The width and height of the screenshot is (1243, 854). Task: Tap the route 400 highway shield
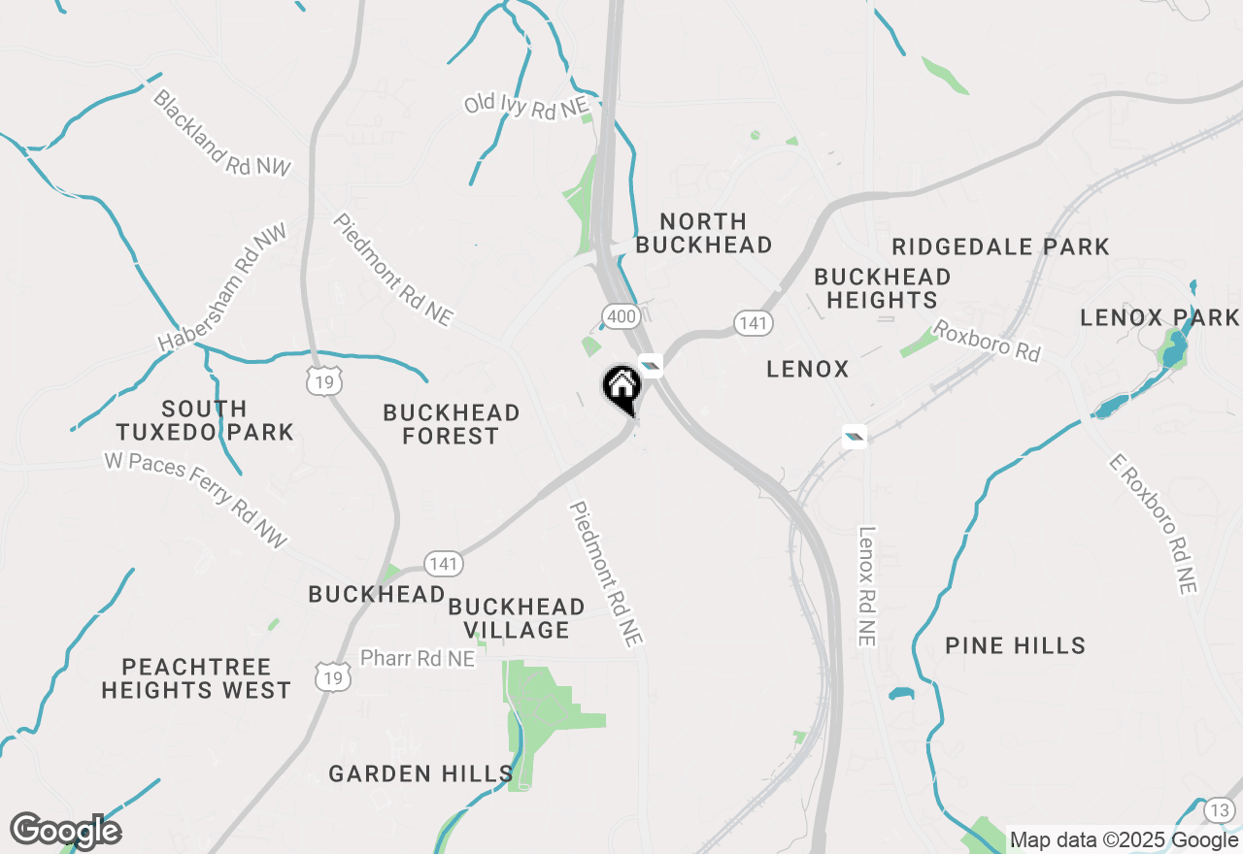[619, 315]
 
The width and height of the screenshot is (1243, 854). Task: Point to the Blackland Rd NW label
[221, 133]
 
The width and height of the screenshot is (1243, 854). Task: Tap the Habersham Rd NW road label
[223, 288]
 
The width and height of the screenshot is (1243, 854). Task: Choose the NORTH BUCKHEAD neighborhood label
[704, 233]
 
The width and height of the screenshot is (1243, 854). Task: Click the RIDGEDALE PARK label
[1000, 246]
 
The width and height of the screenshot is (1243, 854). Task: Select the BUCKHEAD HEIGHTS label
[882, 288]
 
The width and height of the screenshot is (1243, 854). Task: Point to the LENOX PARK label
[1159, 317]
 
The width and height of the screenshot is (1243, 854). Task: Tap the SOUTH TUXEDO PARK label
[204, 420]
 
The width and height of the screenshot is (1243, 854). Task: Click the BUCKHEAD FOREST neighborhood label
[452, 424]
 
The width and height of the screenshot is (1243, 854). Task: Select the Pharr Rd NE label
[418, 658]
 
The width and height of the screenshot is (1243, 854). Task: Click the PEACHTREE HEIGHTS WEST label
[196, 678]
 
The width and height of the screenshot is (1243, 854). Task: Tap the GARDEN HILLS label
[420, 773]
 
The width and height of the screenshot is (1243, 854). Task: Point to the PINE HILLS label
[1015, 645]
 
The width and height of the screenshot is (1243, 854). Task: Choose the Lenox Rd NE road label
[866, 586]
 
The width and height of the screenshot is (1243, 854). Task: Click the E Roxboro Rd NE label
[1153, 523]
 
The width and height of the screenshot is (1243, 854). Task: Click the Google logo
[65, 831]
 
